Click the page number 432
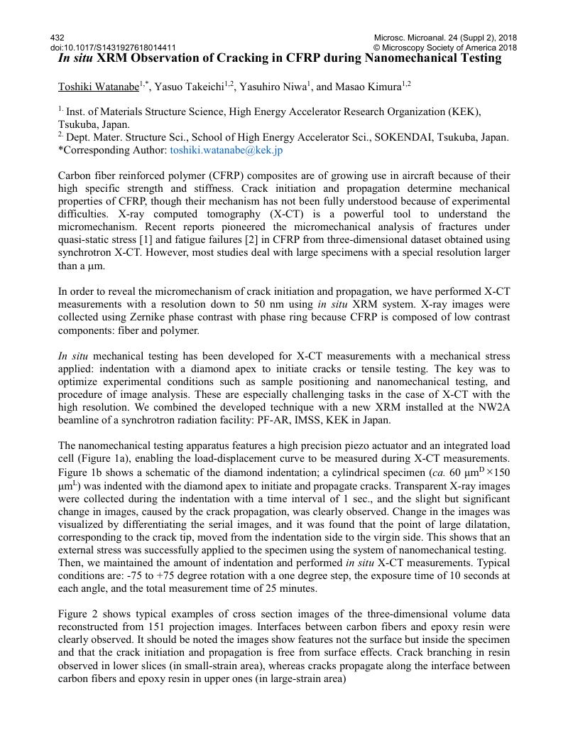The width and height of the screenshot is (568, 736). (x=58, y=38)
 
